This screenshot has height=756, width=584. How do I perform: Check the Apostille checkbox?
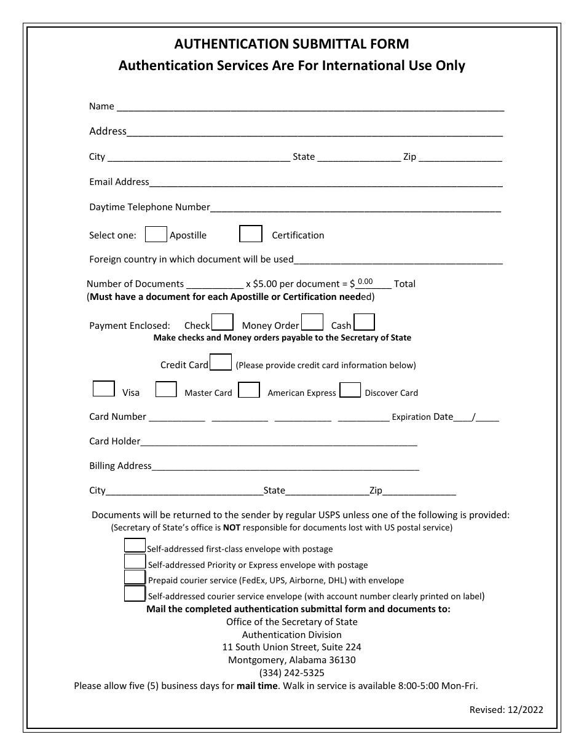(156, 234)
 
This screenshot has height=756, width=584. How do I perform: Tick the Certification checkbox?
(251, 234)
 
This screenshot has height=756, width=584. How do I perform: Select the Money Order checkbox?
(312, 322)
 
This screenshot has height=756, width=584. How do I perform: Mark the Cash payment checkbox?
(365, 322)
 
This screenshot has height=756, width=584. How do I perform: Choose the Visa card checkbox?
(103, 389)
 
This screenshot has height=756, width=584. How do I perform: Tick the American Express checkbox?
(249, 390)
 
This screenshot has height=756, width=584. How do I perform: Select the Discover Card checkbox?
(350, 390)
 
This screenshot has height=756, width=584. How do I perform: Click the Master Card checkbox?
(166, 389)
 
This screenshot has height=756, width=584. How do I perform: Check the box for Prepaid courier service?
(135, 577)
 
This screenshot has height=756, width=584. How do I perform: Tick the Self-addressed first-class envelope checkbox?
(135, 545)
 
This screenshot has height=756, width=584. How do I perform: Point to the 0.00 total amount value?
(365, 282)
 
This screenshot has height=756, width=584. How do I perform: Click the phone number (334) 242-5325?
(291, 672)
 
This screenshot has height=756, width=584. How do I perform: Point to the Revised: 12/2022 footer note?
(506, 709)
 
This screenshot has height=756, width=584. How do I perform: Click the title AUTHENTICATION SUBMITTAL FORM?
(291, 44)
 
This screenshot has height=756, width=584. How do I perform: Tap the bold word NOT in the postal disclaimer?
(231, 527)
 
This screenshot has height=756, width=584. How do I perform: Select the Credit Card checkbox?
(221, 362)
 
